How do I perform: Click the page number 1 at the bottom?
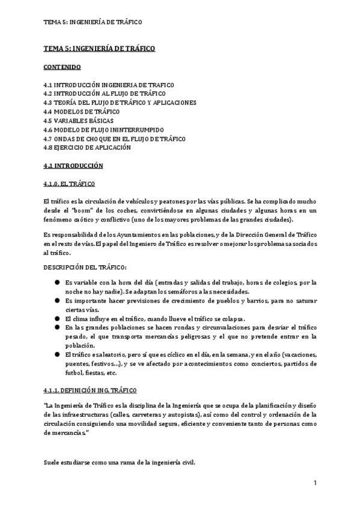(314, 483)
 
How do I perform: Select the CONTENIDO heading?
(63, 67)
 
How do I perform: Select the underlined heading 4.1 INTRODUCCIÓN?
(73, 165)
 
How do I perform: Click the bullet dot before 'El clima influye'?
(57, 318)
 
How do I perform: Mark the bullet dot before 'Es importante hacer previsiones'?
(57, 300)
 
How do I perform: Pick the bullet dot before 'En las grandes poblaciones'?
(57, 327)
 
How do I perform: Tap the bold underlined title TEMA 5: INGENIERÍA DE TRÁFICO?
(99, 49)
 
